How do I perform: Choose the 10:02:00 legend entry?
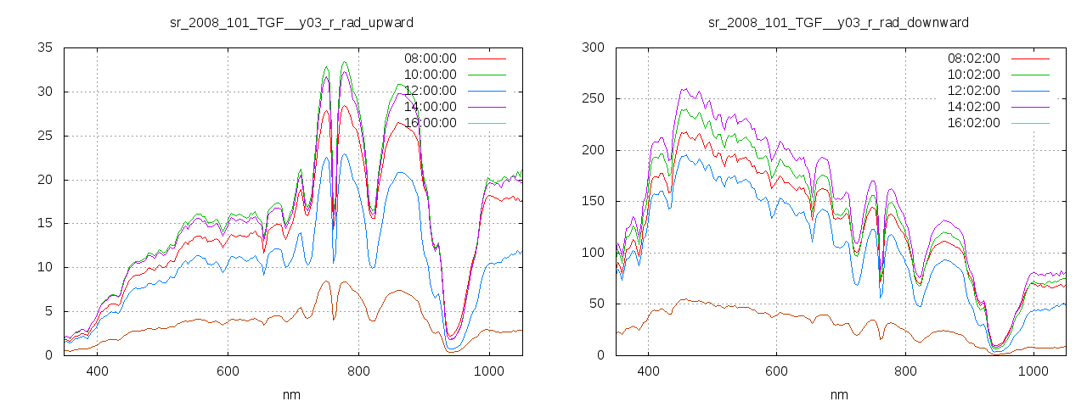pyautogui.click(x=973, y=75)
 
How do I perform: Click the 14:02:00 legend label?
pyautogui.click(x=973, y=107)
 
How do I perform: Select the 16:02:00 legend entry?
pyautogui.click(x=973, y=123)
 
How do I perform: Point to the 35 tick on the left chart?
pyautogui.click(x=45, y=47)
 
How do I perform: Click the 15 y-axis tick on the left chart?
pyautogui.click(x=45, y=223)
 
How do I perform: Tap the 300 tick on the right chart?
pyautogui.click(x=593, y=47)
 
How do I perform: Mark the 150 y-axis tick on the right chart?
pyautogui.click(x=593, y=201)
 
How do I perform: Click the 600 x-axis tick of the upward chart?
pyautogui.click(x=228, y=371)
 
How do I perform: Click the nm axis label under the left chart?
pyautogui.click(x=292, y=395)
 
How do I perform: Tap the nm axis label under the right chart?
pyautogui.click(x=838, y=395)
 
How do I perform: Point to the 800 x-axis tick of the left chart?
pyautogui.click(x=358, y=371)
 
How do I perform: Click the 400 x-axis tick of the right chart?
pyautogui.click(x=648, y=371)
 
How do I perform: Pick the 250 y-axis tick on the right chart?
pyautogui.click(x=593, y=98)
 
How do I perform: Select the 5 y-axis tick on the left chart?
pyautogui.click(x=48, y=311)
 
